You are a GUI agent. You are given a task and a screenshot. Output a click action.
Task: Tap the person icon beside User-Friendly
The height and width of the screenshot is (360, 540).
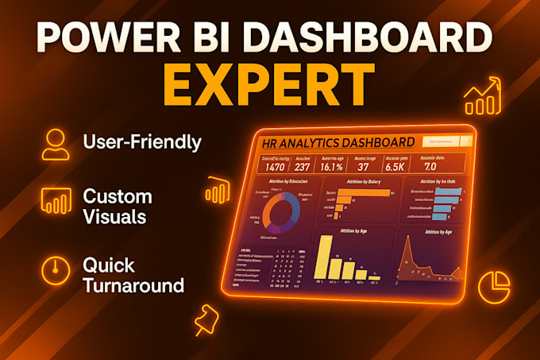[x=56, y=144]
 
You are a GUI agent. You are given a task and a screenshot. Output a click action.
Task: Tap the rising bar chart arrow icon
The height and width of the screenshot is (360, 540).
[x=484, y=98]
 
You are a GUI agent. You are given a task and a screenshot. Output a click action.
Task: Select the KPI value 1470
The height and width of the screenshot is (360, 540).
[x=276, y=167]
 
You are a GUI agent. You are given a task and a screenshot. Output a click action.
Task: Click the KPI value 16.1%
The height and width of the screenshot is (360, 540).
[x=334, y=168]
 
